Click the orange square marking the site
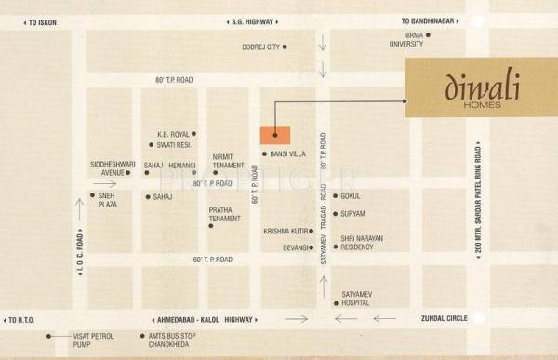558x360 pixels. click(274, 134)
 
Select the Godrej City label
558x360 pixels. click(260, 47)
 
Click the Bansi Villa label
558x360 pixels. click(287, 153)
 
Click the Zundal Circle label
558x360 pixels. click(445, 319)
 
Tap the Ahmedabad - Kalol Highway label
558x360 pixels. click(201, 319)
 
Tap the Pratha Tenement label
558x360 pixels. click(226, 215)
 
